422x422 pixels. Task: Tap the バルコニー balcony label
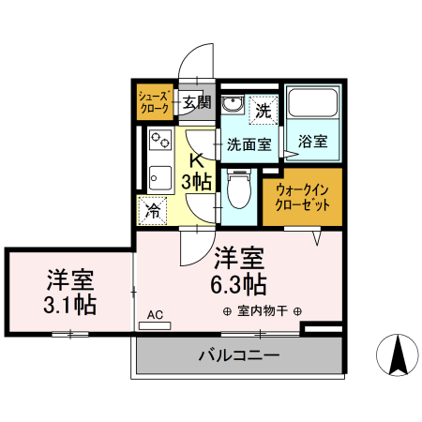coord(238,355)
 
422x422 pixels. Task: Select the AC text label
coord(156,314)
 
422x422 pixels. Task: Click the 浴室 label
coord(313,143)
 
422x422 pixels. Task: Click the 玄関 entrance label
coord(197,102)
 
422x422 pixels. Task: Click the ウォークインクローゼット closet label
coord(302,197)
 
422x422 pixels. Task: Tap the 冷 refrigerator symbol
coord(152,211)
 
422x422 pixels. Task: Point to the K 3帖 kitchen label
coord(197,169)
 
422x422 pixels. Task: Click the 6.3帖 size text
coord(239,282)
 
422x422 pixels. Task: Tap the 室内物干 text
coord(262,311)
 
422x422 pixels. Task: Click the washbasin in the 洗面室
coord(234,105)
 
